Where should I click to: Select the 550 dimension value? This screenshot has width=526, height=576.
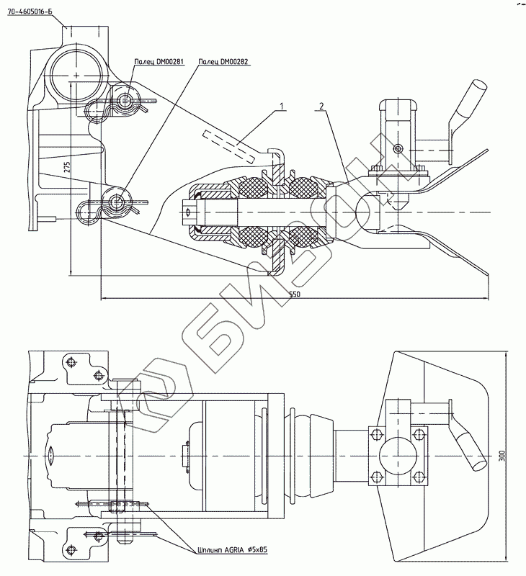coord(295,294)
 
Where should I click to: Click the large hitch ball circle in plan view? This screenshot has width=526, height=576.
coord(396,456)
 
